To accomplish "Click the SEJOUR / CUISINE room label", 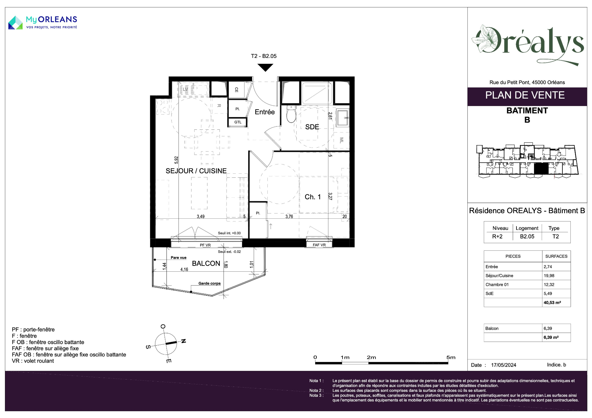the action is (196, 171).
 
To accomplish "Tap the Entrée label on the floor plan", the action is (265, 112).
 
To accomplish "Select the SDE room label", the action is (312, 127).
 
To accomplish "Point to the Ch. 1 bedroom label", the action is (313, 197).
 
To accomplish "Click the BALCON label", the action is (206, 263).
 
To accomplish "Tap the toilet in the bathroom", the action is (291, 114).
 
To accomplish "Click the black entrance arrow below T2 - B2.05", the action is (265, 67).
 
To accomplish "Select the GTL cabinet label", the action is (238, 122).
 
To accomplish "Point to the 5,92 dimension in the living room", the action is (176, 160).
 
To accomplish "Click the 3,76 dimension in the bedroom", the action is (289, 217).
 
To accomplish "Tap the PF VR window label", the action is (205, 245).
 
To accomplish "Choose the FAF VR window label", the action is (319, 245).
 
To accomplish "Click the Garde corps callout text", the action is (209, 283).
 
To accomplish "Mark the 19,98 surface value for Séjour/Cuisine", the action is (549, 276).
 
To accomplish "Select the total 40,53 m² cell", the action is (552, 302).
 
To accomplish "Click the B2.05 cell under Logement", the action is (527, 237).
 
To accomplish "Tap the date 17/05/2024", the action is (504, 365).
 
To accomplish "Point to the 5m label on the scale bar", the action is (451, 357).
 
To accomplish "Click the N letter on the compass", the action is (183, 341).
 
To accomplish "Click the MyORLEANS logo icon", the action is (15, 22).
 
